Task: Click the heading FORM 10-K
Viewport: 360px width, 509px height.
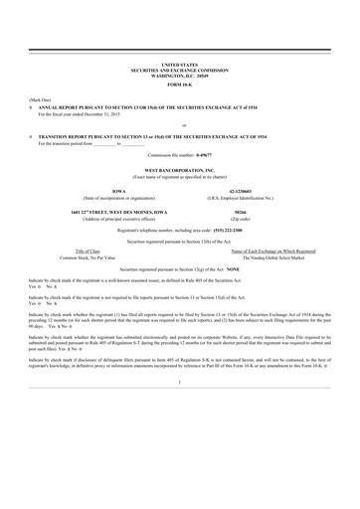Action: [179, 83]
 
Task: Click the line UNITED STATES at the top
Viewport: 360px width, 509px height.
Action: [179, 63]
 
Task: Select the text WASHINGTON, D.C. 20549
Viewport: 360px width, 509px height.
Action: [179, 74]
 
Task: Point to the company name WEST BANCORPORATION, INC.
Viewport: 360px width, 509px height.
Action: [179, 170]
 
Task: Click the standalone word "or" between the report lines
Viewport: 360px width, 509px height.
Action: [179, 124]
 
